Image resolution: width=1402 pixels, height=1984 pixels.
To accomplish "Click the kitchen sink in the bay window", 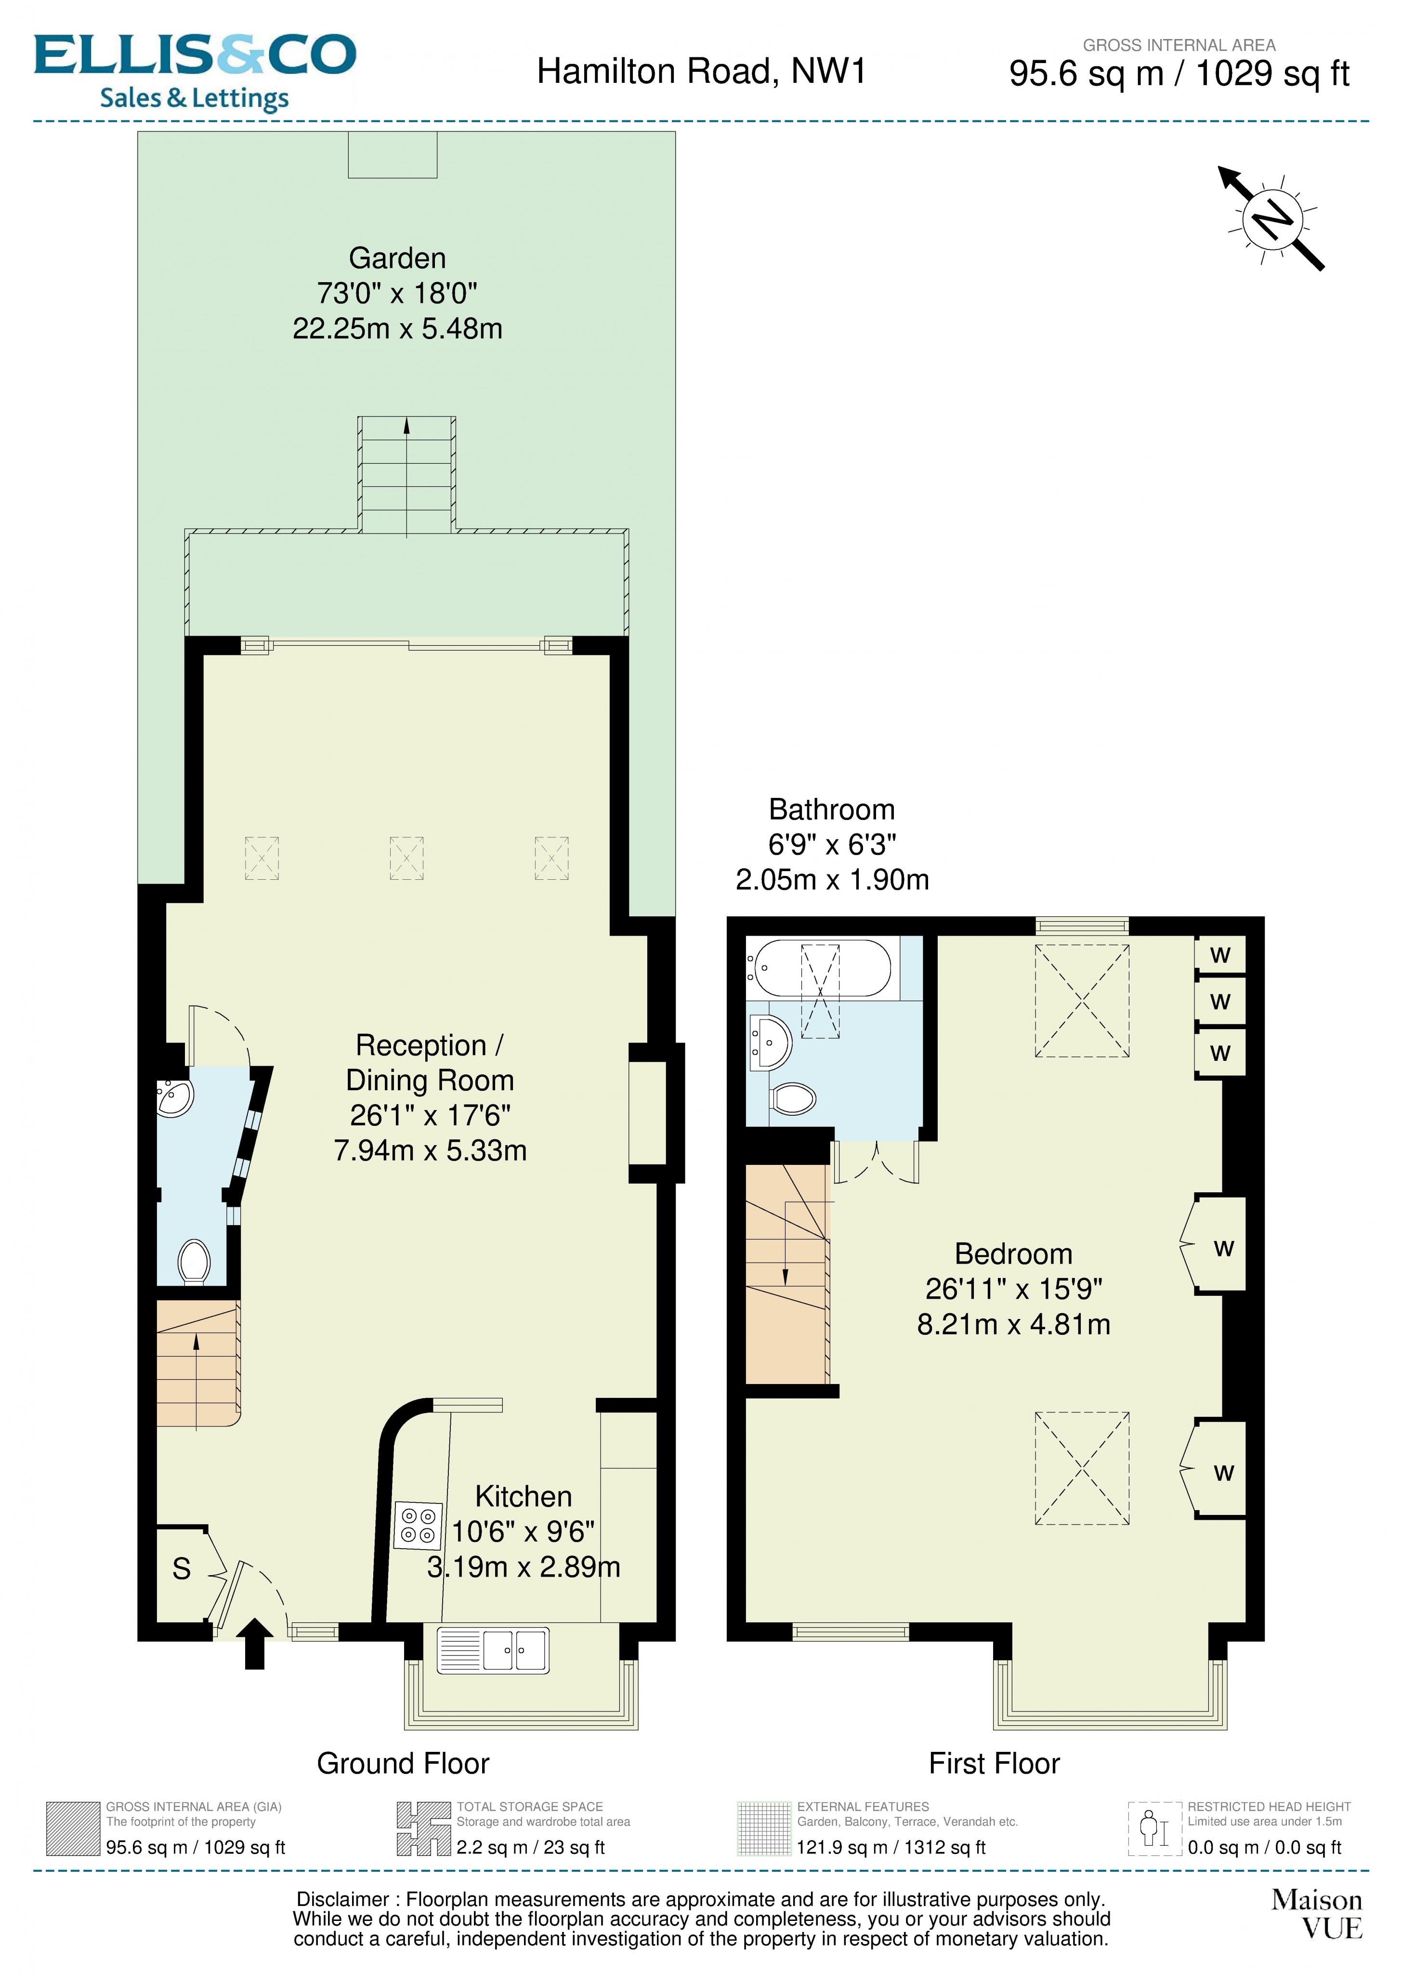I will pyautogui.click(x=493, y=1650).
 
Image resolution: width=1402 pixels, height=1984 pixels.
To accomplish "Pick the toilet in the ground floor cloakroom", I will pyautogui.click(x=194, y=1263).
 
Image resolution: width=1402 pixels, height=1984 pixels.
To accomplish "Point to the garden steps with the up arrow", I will pyautogui.click(x=406, y=475).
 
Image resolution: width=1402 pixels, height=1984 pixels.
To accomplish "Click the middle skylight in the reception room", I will pyautogui.click(x=406, y=858).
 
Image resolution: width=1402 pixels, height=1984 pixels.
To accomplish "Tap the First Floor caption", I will pyautogui.click(x=994, y=1763).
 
